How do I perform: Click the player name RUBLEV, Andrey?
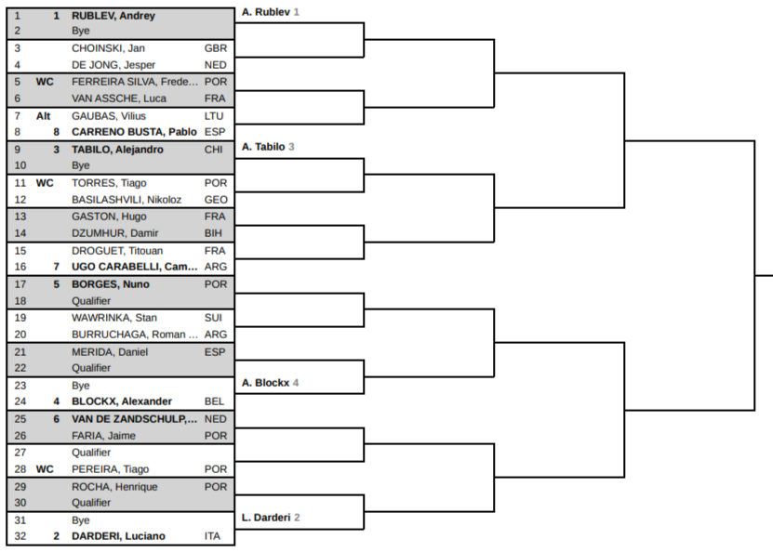point(113,16)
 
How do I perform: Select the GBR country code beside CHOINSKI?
point(216,48)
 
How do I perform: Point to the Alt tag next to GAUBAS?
point(44,116)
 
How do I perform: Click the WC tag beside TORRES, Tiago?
point(45,183)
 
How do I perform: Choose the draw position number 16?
point(20,267)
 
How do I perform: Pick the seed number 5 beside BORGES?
point(56,284)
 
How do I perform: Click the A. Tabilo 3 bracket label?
point(268,147)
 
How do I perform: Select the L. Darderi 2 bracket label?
point(271,518)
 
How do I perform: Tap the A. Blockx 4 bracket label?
point(270,383)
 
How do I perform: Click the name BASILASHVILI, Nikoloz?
point(127,200)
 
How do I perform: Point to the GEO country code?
point(216,200)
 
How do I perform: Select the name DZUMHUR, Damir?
point(114,233)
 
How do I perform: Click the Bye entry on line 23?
point(81,386)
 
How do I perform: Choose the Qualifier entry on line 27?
point(91,453)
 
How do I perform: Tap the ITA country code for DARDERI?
point(212,536)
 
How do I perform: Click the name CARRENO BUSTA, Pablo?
point(134,132)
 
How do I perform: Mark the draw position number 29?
point(20,487)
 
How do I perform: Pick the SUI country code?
point(213,318)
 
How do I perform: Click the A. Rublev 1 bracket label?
point(271,12)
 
